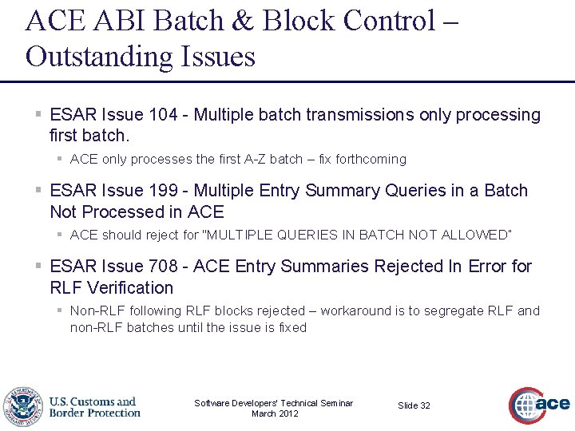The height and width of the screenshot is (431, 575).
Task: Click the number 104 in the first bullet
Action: click(163, 115)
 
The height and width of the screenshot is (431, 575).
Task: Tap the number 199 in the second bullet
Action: click(163, 191)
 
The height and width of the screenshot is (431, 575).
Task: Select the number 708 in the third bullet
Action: click(163, 266)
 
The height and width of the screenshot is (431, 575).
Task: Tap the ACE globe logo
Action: click(539, 405)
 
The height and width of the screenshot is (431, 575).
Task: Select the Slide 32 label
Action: click(414, 405)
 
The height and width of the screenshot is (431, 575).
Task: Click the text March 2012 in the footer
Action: click(274, 413)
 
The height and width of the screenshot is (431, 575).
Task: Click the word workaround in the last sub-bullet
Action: click(356, 310)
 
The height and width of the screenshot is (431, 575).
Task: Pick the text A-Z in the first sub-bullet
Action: click(252, 159)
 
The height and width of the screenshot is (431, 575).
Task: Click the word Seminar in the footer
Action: click(335, 403)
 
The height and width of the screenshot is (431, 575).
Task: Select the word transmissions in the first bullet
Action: click(360, 115)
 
